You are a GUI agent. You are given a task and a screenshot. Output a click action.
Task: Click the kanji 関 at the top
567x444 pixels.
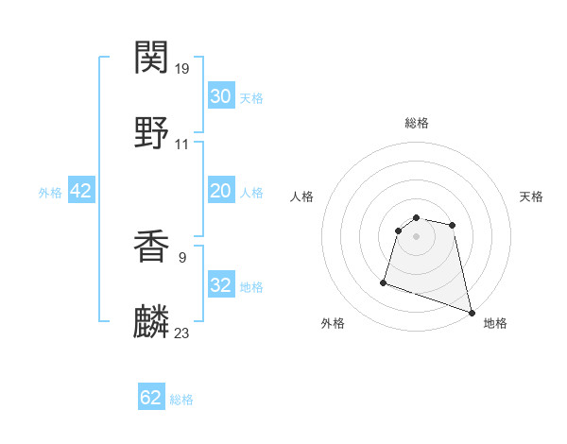[152, 58]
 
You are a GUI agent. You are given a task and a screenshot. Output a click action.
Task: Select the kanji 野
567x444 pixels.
[152, 132]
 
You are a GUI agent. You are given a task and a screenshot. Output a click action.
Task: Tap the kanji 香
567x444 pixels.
[152, 248]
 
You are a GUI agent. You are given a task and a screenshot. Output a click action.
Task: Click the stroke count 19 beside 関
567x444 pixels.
[182, 69]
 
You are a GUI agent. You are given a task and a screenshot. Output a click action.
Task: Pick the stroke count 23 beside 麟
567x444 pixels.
[182, 333]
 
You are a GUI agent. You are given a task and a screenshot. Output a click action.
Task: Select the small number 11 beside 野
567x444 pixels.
[182, 144]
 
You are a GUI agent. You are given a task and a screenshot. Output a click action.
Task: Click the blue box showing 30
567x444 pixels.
[221, 96]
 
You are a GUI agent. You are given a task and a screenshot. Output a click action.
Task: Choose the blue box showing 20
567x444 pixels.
[221, 191]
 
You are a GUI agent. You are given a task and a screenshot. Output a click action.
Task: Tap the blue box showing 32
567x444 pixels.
[221, 285]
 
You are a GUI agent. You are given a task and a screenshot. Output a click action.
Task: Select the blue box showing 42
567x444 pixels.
[81, 191]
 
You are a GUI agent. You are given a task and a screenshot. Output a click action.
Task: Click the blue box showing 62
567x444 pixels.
[151, 398]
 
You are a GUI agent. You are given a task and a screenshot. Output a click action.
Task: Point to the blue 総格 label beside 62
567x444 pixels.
[181, 400]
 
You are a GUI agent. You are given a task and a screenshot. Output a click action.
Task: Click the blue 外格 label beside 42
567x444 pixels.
[50, 193]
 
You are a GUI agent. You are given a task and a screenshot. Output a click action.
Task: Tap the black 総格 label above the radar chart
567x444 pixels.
[417, 123]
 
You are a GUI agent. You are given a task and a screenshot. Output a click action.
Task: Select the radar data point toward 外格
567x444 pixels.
[384, 282]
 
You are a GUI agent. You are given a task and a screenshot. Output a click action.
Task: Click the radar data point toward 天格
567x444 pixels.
[453, 225]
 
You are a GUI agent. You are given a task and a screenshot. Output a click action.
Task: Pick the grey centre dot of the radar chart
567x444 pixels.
[416, 249]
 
